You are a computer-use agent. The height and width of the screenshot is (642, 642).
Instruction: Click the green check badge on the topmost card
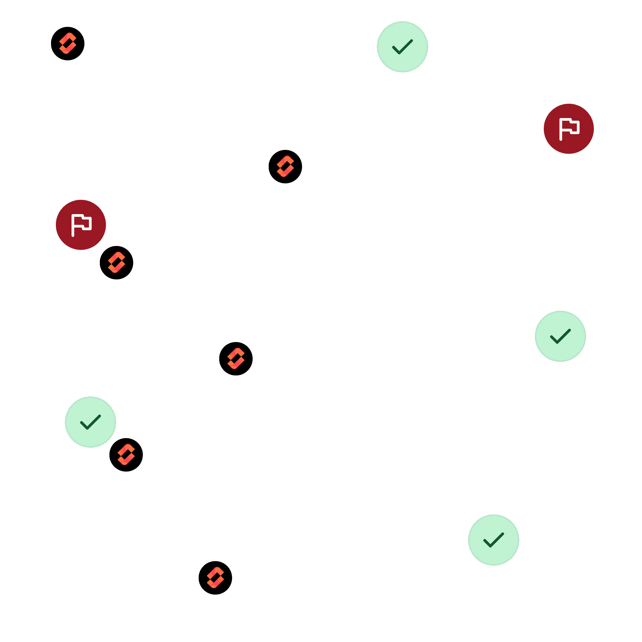[403, 47]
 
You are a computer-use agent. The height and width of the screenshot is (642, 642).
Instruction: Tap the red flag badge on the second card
[568, 129]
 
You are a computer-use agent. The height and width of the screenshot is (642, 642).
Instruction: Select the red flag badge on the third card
[81, 225]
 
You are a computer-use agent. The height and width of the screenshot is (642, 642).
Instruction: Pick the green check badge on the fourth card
[560, 336]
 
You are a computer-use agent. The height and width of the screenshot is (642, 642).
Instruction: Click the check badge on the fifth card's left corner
[91, 422]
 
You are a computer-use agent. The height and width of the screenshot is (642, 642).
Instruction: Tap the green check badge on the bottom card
[493, 540]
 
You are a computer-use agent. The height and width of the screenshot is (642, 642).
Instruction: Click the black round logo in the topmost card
[68, 44]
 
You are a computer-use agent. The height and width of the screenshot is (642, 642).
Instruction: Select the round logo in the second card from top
[285, 167]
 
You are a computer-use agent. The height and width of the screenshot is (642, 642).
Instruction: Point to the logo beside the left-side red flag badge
[116, 263]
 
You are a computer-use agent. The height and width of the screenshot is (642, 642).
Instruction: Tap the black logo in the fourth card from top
[236, 359]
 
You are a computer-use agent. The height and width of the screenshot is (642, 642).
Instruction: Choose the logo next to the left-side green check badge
[126, 455]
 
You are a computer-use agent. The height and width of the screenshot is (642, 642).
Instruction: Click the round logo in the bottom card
[215, 578]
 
